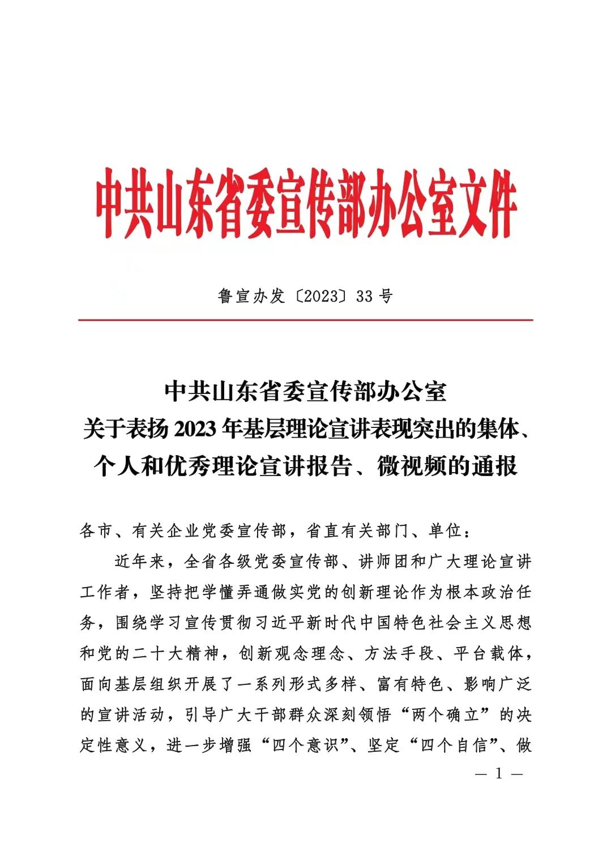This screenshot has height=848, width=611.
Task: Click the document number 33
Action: pyautogui.click(x=365, y=296)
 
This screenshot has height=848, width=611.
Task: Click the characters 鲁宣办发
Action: pyautogui.click(x=251, y=296)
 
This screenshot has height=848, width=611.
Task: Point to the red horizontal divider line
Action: pyautogui.click(x=306, y=320)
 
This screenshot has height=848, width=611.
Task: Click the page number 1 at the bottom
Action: pyautogui.click(x=499, y=774)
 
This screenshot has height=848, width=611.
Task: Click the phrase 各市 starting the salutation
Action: pyautogui.click(x=97, y=531)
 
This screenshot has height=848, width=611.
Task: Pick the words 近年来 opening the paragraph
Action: pyautogui.click(x=140, y=562)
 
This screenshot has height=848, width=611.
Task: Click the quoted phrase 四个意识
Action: pyautogui.click(x=305, y=745)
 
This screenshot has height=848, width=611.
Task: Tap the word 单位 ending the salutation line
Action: pyautogui.click(x=446, y=531)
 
